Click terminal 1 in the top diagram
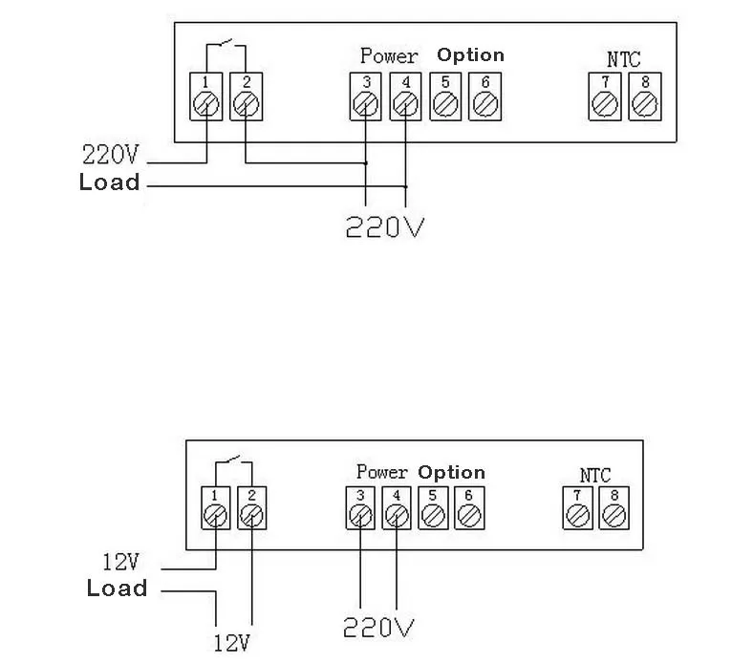click(x=205, y=96)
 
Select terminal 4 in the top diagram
click(x=406, y=96)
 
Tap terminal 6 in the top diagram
click(x=485, y=96)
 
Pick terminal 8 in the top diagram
click(x=645, y=96)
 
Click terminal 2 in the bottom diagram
click(x=251, y=508)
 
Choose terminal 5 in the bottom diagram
click(x=433, y=508)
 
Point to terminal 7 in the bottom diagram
click(x=577, y=508)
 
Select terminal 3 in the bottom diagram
click(x=360, y=508)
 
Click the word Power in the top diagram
click(x=389, y=56)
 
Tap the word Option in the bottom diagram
click(x=451, y=473)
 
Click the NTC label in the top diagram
click(x=623, y=59)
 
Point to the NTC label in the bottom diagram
click(x=594, y=476)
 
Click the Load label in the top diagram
click(x=109, y=182)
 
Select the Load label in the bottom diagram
click(x=117, y=588)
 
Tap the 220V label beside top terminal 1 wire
click(x=111, y=155)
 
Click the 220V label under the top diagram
click(x=385, y=226)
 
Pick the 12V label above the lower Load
click(x=120, y=562)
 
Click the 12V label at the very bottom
click(x=231, y=643)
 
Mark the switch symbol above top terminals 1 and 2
click(x=226, y=43)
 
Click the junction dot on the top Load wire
click(x=406, y=186)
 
